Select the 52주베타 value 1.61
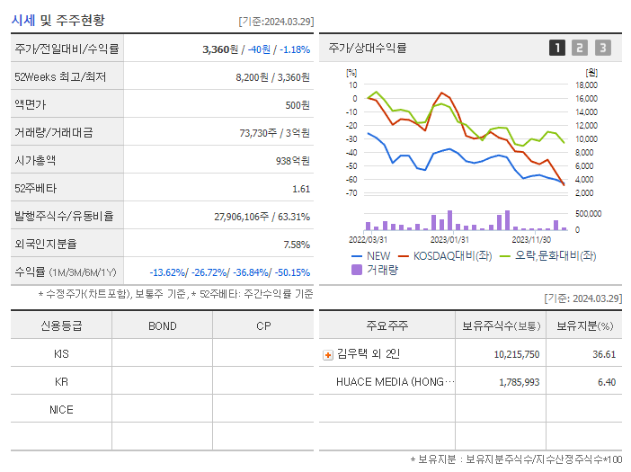pos(300,189)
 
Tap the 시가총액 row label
pos(35,161)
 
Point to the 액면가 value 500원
pos(295,105)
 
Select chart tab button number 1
pos(557,48)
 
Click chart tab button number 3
pos(602,48)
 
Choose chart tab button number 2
pos(580,48)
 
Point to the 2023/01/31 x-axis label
pos(449,239)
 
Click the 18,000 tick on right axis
pos(585,85)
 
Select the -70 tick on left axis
pos(351,193)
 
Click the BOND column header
pos(162,325)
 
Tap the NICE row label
pos(61,409)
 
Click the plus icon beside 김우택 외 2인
pos(327,354)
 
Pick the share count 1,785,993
pos(517,382)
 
